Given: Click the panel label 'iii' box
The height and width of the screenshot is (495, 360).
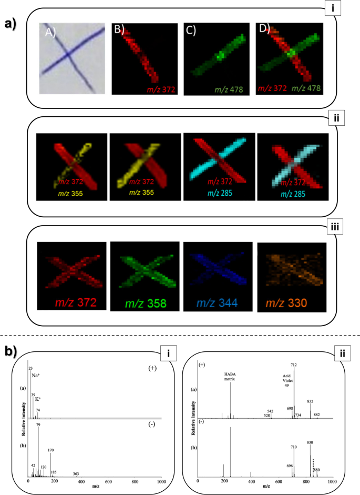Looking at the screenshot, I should click(x=335, y=228).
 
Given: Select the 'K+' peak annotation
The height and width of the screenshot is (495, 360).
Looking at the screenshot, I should click(x=38, y=399).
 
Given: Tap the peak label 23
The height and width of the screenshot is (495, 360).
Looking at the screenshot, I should click(x=30, y=368).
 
